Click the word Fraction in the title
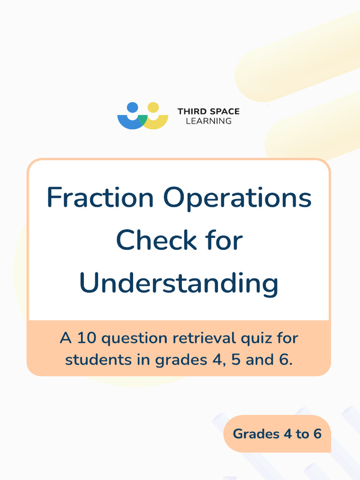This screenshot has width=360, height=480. [x=100, y=198]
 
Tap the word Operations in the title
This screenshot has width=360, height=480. [x=237, y=199]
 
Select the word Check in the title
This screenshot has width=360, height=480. [x=156, y=240]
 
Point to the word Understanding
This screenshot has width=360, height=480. [x=179, y=284]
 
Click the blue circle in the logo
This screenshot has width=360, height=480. [x=133, y=107]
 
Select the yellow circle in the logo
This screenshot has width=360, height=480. [x=153, y=107]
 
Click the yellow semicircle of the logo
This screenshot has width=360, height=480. [x=158, y=123]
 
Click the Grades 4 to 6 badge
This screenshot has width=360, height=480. [x=277, y=434]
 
